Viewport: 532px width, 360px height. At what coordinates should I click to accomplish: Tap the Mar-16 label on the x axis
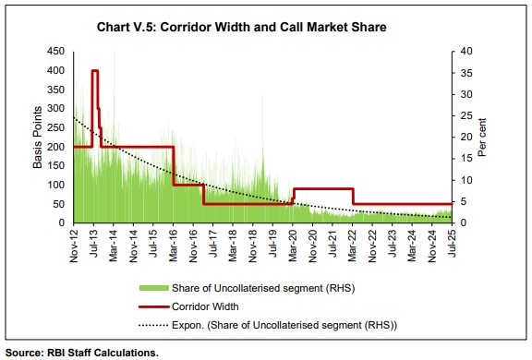coord(173,244)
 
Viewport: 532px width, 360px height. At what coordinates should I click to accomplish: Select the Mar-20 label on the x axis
coord(292,244)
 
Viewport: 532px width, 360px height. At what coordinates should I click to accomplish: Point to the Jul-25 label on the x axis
coord(451,244)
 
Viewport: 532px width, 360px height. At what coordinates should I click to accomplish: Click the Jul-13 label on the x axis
coord(94,244)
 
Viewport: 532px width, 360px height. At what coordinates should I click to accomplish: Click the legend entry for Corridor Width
coord(206,305)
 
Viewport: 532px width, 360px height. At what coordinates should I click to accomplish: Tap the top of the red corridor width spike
coord(94,71)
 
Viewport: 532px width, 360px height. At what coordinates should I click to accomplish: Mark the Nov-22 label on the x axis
coord(371,244)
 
